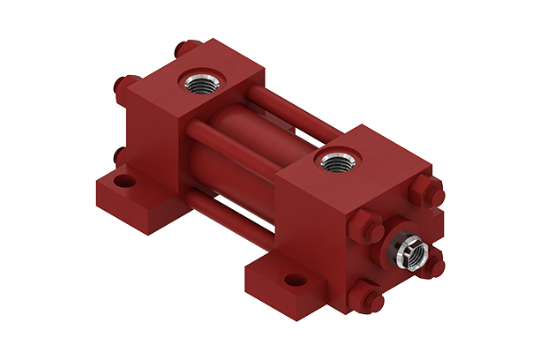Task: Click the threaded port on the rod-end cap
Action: click(x=336, y=161)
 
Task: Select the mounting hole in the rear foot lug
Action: click(x=126, y=182)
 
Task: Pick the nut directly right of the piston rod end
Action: click(x=433, y=262)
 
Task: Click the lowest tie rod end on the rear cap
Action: click(x=120, y=157)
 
